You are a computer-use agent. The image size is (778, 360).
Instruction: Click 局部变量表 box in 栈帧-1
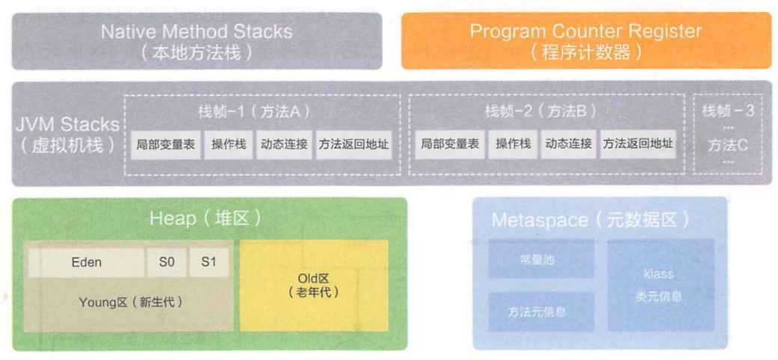[166, 144]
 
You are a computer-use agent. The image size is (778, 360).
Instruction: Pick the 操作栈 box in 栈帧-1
[229, 144]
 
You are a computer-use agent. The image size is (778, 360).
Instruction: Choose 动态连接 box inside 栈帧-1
[284, 144]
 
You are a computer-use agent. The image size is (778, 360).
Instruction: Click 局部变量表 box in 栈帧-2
[449, 144]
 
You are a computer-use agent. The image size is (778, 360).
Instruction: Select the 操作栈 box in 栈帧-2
[513, 144]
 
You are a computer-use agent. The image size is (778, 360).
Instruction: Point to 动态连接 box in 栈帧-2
[568, 144]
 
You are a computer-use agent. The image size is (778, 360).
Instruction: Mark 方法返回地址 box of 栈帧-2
[638, 144]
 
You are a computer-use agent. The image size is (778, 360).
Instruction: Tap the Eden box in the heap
[87, 263]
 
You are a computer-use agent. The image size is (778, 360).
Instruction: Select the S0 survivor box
[165, 263]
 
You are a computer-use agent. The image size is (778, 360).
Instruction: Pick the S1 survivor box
[208, 263]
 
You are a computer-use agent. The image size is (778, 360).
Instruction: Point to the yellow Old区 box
[313, 286]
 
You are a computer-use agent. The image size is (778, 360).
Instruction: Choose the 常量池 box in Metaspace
[541, 260]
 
